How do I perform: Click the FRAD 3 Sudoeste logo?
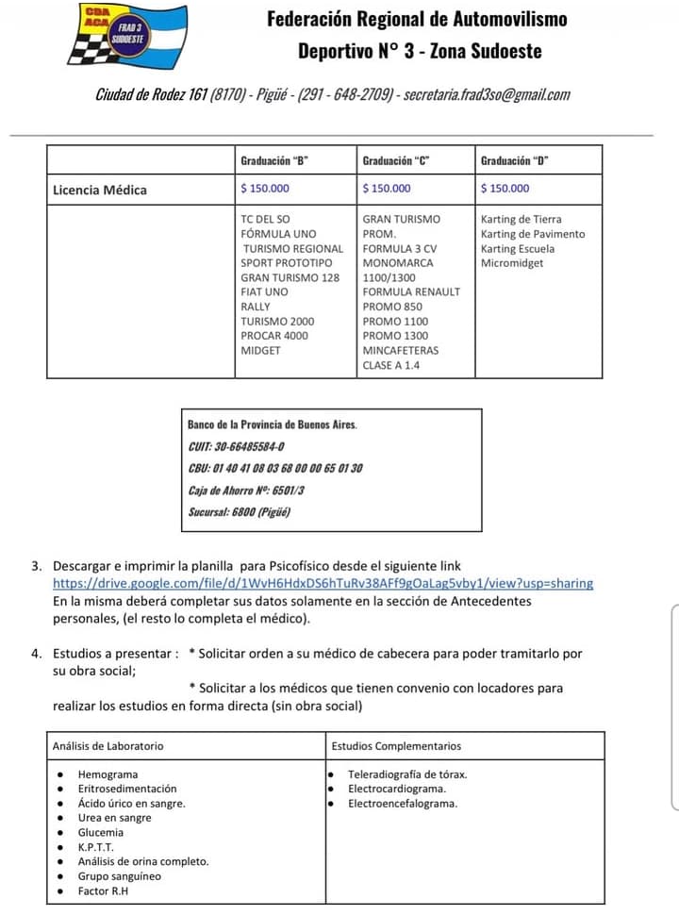coord(126,35)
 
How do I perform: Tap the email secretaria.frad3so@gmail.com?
coord(487,95)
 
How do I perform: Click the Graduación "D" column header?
coord(515,160)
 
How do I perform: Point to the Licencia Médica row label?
coord(100,190)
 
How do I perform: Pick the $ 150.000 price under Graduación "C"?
coord(387,189)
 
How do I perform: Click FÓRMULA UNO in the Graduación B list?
coord(278,234)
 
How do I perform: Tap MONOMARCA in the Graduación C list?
coord(398,263)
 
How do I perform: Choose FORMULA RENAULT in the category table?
coord(411,292)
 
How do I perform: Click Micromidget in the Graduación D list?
coord(511,263)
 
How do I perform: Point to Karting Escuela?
coord(518,249)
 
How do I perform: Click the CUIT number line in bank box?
coord(236,446)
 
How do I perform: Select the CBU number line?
coord(275,468)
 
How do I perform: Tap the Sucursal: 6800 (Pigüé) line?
coord(240,511)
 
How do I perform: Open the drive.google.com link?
coord(323,583)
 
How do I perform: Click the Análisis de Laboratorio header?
coord(108,746)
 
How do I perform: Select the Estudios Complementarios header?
coord(396,746)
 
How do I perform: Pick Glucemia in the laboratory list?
coord(100,833)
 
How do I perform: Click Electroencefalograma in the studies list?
coord(403,804)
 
